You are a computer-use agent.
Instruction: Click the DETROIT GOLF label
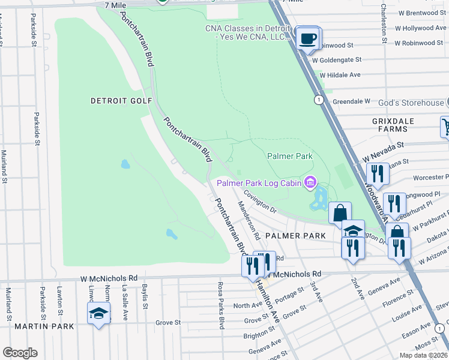click(x=121, y=101)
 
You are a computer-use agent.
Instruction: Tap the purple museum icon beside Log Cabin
click(x=310, y=182)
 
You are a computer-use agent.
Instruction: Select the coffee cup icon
click(x=308, y=39)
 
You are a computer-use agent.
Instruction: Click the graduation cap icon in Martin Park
click(x=99, y=313)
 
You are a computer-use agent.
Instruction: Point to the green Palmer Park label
click(x=290, y=156)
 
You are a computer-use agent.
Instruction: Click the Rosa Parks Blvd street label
click(x=221, y=305)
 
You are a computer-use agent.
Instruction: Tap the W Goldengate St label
click(x=337, y=59)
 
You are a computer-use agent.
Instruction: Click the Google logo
click(x=20, y=353)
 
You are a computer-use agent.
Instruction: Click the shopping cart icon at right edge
click(x=446, y=127)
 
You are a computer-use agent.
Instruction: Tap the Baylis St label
click(x=145, y=298)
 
